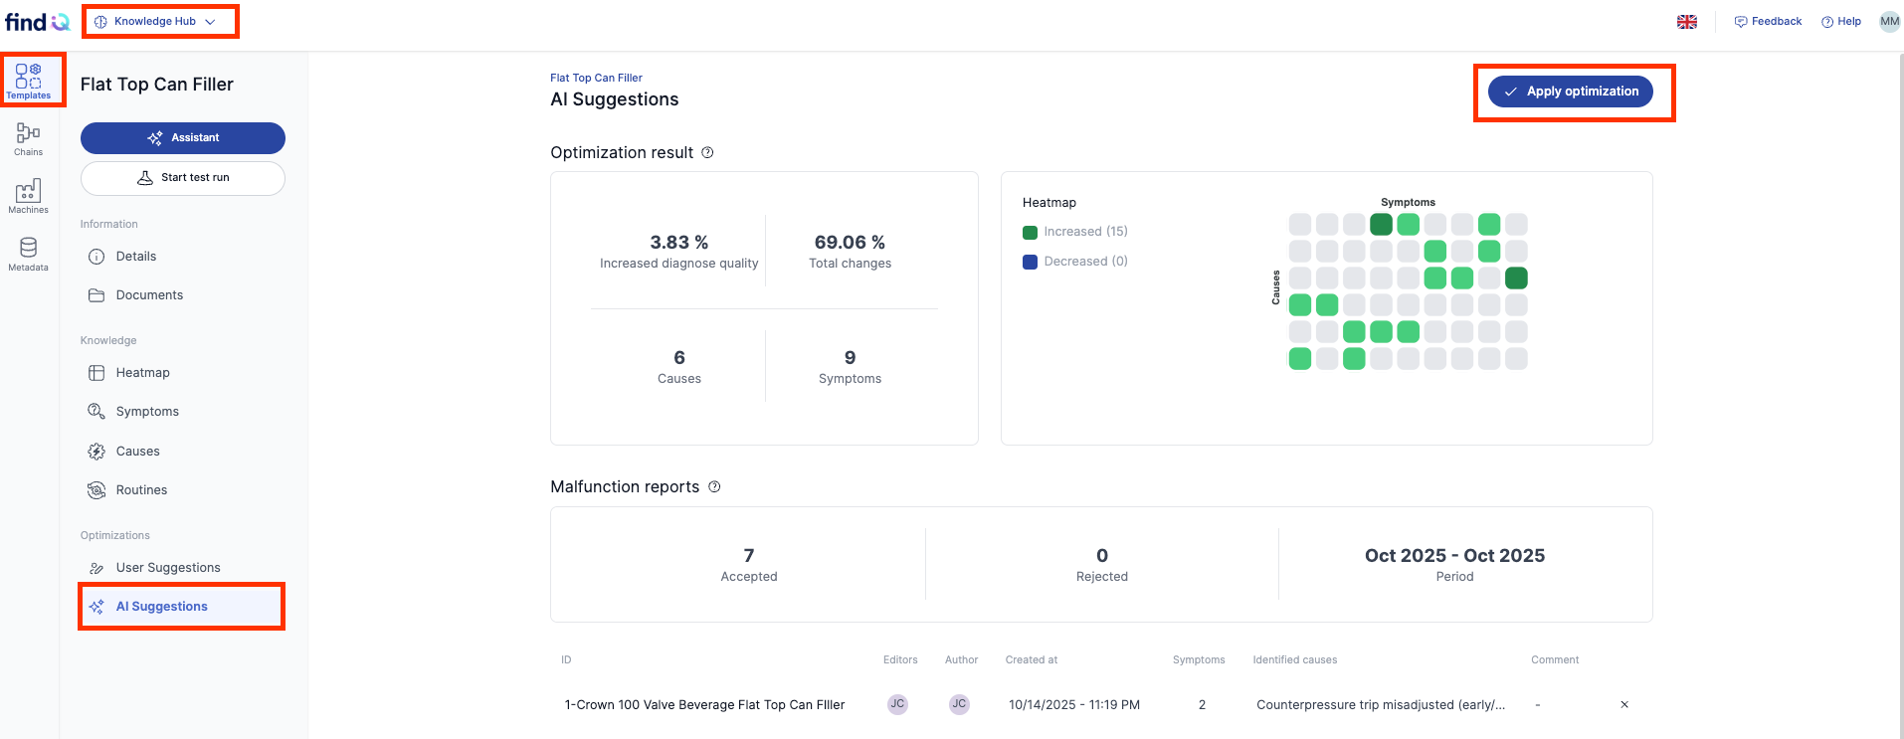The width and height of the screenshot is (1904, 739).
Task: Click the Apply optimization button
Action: pyautogui.click(x=1571, y=92)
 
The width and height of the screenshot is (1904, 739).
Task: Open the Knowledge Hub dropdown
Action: pyautogui.click(x=155, y=21)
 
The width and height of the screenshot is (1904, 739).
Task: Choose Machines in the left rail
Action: pyautogui.click(x=29, y=196)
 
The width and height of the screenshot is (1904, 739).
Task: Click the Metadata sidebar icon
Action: pyautogui.click(x=29, y=254)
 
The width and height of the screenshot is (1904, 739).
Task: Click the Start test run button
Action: pyautogui.click(x=183, y=178)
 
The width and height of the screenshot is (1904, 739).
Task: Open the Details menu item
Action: pyautogui.click(x=136, y=257)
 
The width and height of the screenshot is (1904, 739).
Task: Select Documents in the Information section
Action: pyautogui.click(x=149, y=295)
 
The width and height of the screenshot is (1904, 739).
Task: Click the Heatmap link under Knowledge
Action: pyautogui.click(x=142, y=373)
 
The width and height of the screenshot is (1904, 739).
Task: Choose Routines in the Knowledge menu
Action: pyautogui.click(x=141, y=490)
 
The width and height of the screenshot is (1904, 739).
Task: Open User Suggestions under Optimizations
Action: pyautogui.click(x=168, y=568)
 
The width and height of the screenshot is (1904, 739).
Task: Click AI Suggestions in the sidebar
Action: pyautogui.click(x=161, y=607)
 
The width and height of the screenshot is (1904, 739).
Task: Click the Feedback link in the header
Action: pyautogui.click(x=1768, y=22)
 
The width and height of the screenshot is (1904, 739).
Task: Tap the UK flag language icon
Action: pyautogui.click(x=1687, y=22)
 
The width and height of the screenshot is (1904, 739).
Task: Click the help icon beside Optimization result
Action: pyautogui.click(x=707, y=153)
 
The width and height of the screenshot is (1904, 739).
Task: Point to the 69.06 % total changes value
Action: pyautogui.click(x=850, y=243)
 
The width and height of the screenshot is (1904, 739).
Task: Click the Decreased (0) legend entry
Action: pyautogui.click(x=1075, y=262)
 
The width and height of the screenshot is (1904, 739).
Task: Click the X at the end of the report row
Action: pyautogui.click(x=1624, y=705)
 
